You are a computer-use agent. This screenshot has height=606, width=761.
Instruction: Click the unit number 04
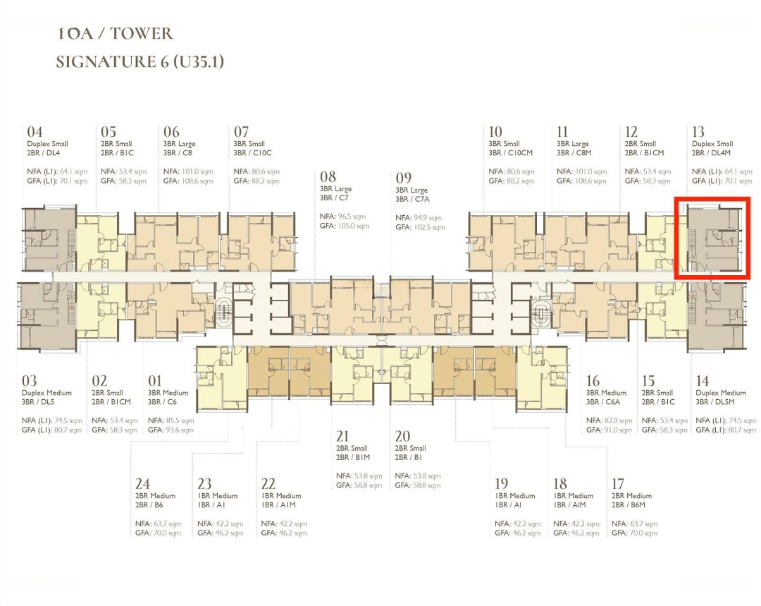pos(35,132)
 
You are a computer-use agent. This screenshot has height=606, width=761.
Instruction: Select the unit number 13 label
pos(698,132)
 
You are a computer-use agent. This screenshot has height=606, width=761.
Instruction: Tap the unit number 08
pos(328,176)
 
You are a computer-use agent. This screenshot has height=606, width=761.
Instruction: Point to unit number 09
pos(403,178)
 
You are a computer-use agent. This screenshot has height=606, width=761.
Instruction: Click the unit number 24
pos(142,483)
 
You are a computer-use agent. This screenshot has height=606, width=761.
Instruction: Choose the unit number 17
pos(617,483)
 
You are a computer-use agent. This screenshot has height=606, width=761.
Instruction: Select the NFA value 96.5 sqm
pos(352,217)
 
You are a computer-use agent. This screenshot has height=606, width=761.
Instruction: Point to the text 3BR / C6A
pos(602,402)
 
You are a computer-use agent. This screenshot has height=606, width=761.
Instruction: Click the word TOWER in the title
pos(141,34)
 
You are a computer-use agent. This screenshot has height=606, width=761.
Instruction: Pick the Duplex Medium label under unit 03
pos(47,393)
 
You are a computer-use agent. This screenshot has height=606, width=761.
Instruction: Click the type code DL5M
pos(724,402)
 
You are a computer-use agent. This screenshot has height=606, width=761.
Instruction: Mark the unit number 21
pos(342,436)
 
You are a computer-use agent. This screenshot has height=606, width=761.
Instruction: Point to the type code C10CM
pos(520,152)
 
